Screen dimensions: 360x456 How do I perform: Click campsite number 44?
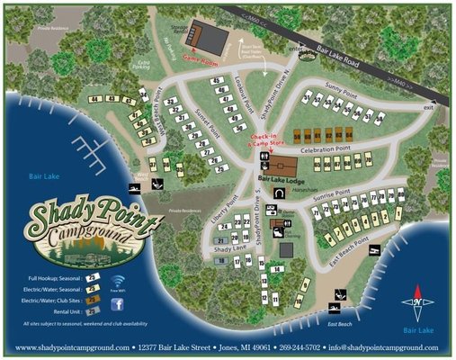coord(94,98)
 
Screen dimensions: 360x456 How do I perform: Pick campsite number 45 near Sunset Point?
coord(216,81)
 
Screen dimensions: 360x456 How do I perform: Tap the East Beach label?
coord(339,322)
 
